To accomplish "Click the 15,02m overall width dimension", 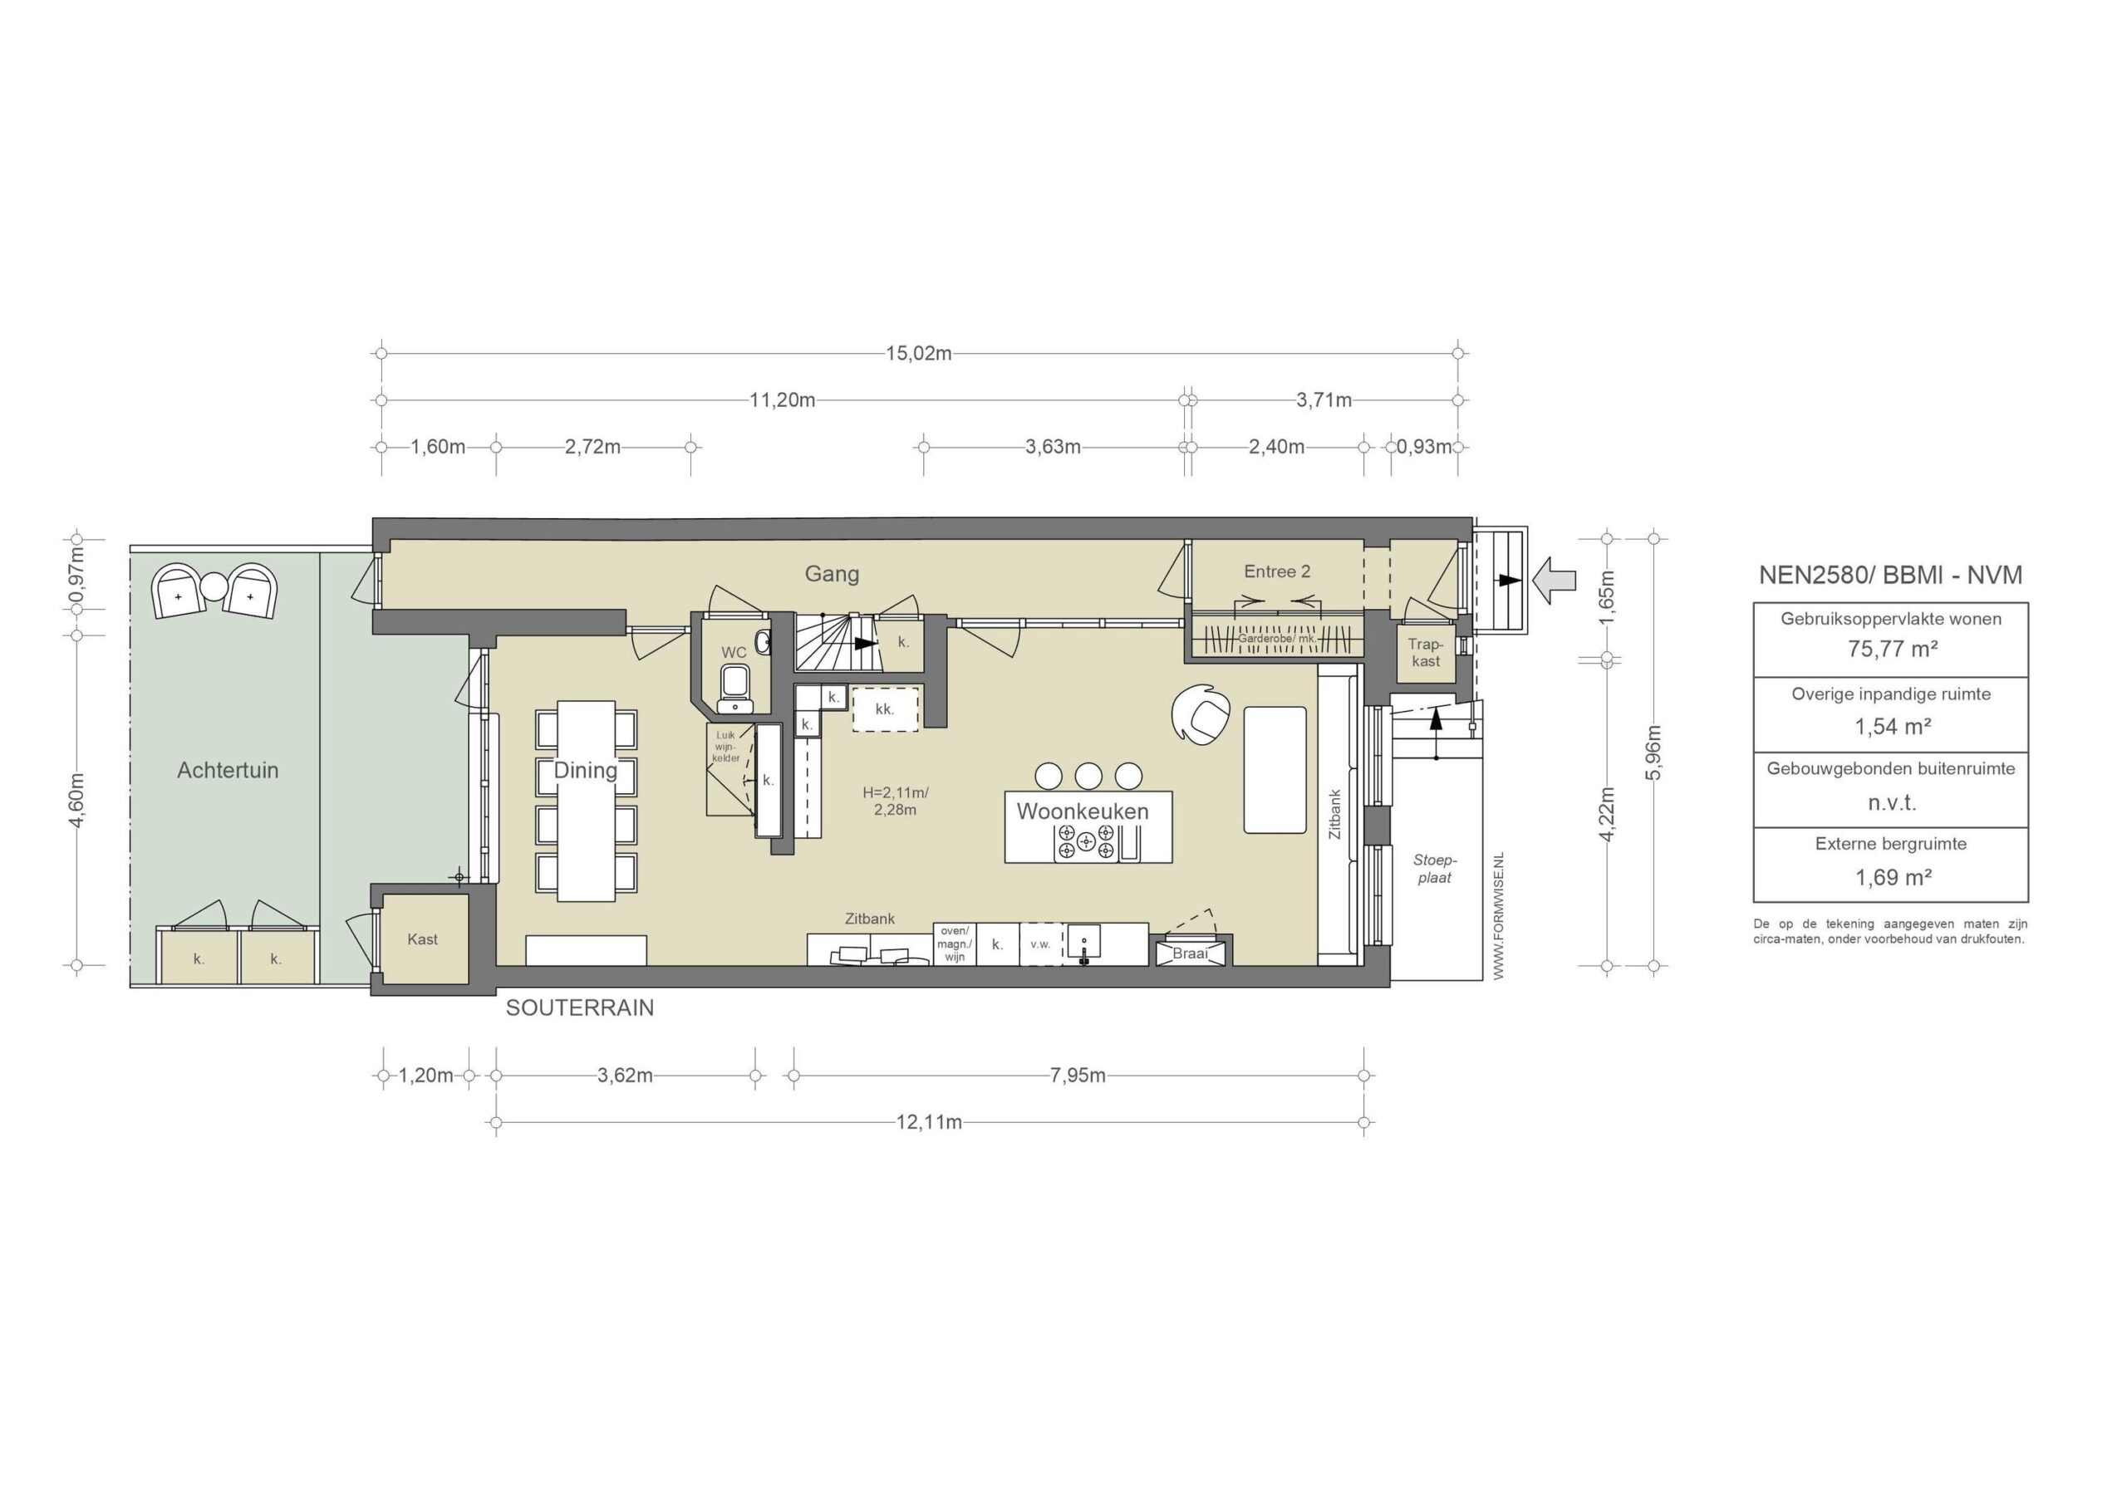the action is [x=918, y=353].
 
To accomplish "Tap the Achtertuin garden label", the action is [x=227, y=770].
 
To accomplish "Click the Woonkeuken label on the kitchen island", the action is [x=1083, y=811].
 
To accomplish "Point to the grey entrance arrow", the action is [x=1555, y=580].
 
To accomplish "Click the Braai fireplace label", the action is [x=1190, y=953].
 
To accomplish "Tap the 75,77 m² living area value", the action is [x=1893, y=649].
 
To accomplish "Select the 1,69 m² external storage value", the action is [x=1893, y=877].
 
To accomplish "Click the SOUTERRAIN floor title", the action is [x=579, y=1008].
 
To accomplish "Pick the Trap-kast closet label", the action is [x=1426, y=652].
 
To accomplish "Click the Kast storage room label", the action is [x=423, y=939].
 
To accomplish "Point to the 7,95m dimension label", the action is [x=1078, y=1076].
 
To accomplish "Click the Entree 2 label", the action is [x=1277, y=571].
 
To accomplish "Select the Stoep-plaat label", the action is [x=1435, y=870].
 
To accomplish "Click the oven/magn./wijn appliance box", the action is [x=954, y=944].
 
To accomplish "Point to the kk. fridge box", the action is [x=885, y=709].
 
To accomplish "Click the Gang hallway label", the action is [x=832, y=575].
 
